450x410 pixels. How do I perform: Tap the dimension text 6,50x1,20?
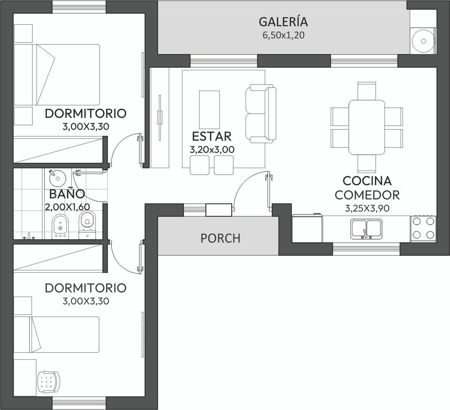[x=283, y=35]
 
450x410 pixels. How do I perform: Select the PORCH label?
[x=220, y=238]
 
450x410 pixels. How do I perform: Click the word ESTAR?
[x=212, y=137]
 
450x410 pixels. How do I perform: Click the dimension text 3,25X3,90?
[x=367, y=208]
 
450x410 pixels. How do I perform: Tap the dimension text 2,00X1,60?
[x=67, y=207]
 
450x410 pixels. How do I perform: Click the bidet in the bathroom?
[x=60, y=226]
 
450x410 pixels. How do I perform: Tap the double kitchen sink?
[x=366, y=229]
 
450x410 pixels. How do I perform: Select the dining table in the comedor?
[x=367, y=127]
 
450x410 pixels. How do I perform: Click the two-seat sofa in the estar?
[x=261, y=114]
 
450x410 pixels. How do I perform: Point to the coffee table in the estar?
[x=209, y=110]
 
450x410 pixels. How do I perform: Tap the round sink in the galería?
[x=423, y=41]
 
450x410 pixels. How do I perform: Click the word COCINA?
[x=367, y=181]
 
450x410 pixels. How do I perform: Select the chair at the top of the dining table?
[x=367, y=91]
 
